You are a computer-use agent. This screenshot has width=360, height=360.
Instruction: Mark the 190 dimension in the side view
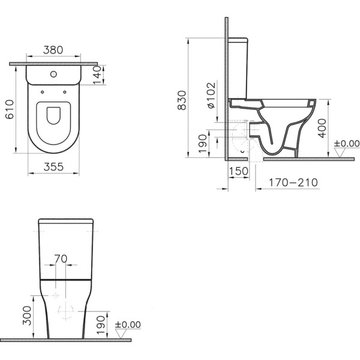pyautogui.click(x=203, y=141)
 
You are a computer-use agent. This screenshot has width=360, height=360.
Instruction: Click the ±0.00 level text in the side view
pyautogui.click(x=346, y=144)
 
